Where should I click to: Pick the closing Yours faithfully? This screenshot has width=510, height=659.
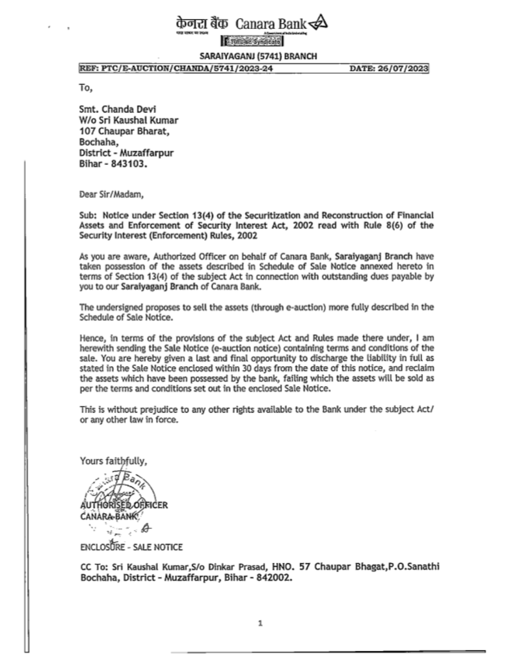coord(113,461)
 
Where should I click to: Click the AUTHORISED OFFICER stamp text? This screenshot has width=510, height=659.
coord(123,505)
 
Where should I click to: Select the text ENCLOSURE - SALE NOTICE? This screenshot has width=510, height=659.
coord(131,547)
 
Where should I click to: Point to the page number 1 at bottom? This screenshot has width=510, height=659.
coord(260,622)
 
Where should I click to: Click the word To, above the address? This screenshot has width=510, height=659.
coord(86,87)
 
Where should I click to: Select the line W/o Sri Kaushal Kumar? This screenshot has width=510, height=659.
coord(129,120)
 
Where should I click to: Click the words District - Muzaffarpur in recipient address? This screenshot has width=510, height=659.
coord(126,153)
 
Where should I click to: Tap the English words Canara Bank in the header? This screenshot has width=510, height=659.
coord(271,23)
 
